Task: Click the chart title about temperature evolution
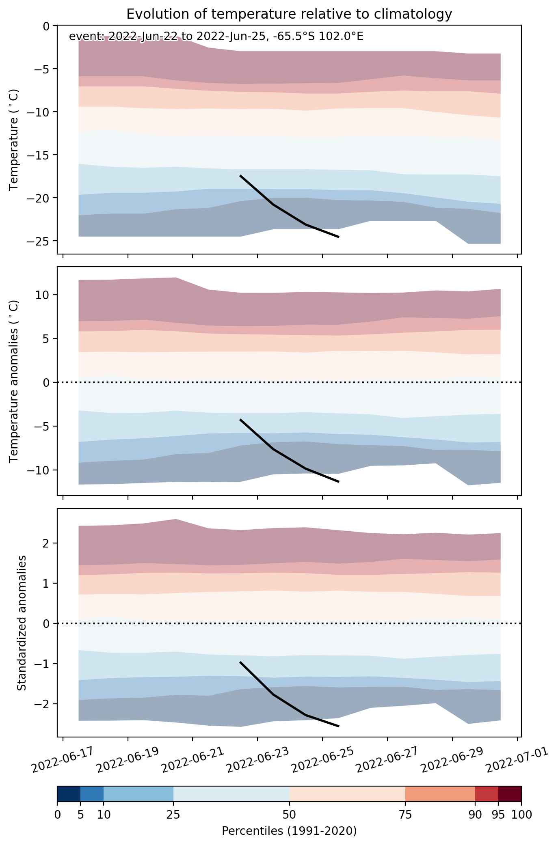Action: pyautogui.click(x=289, y=14)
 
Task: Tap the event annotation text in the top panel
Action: pyautogui.click(x=216, y=37)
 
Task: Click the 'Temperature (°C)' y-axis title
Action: pyautogui.click(x=14, y=140)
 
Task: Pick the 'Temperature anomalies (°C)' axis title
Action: pyautogui.click(x=14, y=381)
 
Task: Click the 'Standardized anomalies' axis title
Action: pyautogui.click(x=22, y=623)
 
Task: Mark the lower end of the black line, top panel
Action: pyautogui.click(x=339, y=237)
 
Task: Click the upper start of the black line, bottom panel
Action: pyautogui.click(x=240, y=662)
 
